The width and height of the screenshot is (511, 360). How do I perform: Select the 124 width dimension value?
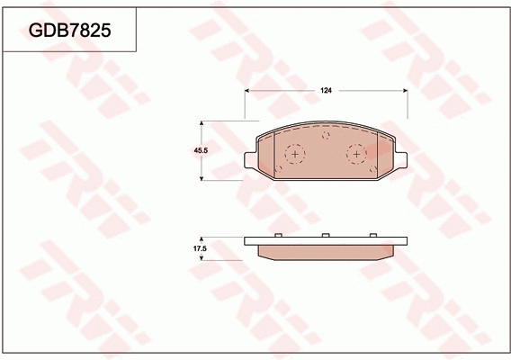(x=326, y=90)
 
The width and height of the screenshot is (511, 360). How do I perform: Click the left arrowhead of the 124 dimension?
(x=248, y=91)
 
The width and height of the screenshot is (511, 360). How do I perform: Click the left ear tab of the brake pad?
(x=250, y=159)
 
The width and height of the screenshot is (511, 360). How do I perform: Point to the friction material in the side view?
(x=326, y=250)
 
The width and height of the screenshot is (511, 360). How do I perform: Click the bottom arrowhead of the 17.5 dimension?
(x=201, y=258)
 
